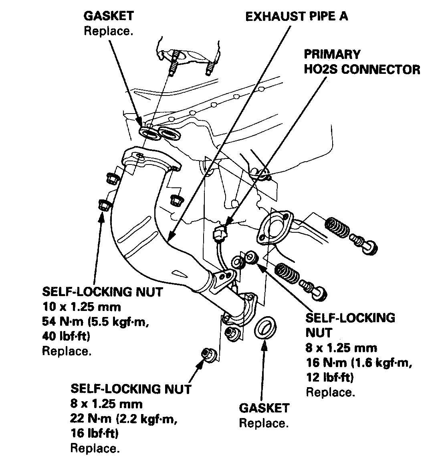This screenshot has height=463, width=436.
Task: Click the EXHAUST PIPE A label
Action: (x=296, y=16)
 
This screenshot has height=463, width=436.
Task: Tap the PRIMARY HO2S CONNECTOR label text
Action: (x=362, y=62)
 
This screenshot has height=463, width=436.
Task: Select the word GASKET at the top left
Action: (x=108, y=16)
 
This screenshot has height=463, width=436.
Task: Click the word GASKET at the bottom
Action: (x=264, y=408)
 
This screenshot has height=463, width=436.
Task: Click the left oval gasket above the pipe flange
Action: (x=149, y=133)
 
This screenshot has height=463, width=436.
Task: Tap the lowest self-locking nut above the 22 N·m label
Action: (x=209, y=354)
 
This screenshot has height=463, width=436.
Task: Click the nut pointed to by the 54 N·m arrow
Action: (x=103, y=206)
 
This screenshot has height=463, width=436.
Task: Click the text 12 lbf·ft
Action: (x=329, y=377)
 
